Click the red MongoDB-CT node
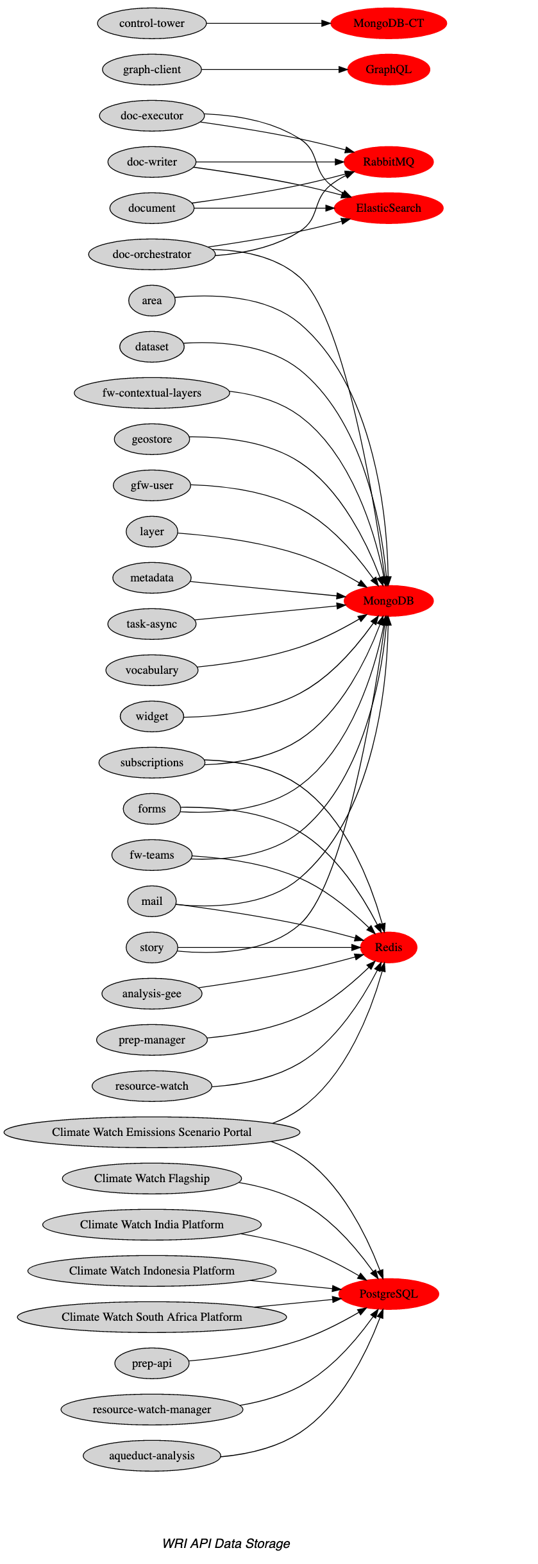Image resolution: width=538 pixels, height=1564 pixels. coord(389,24)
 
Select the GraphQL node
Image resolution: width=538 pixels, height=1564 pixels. coord(389,70)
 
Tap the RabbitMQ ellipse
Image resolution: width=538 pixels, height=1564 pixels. coord(389,162)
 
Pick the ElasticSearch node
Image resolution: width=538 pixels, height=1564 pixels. coord(389,208)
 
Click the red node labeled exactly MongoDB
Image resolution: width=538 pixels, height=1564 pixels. coord(389,601)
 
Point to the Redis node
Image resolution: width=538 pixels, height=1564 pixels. coord(389,947)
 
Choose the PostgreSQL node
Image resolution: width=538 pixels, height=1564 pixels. coord(389,1294)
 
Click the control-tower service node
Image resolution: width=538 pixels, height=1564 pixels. coord(152,24)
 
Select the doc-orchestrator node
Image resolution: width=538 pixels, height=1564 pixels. coord(152,254)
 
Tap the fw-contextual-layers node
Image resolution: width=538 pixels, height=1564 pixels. coord(152,393)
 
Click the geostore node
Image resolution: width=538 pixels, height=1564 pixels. coord(152,439)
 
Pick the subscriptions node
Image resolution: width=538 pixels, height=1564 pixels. coord(152,762)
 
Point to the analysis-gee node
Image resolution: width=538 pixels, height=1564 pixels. coord(152,993)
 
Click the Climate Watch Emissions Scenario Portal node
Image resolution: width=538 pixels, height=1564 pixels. coord(152,1132)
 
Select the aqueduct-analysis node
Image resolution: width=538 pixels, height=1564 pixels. coord(152,1456)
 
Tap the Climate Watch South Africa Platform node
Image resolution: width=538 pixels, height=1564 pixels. coord(152,1317)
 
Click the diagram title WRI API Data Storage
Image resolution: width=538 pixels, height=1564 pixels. coord(226,1543)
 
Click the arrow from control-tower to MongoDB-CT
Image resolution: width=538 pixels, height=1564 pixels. coord(269,24)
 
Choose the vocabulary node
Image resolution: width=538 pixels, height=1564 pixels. coord(152,670)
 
